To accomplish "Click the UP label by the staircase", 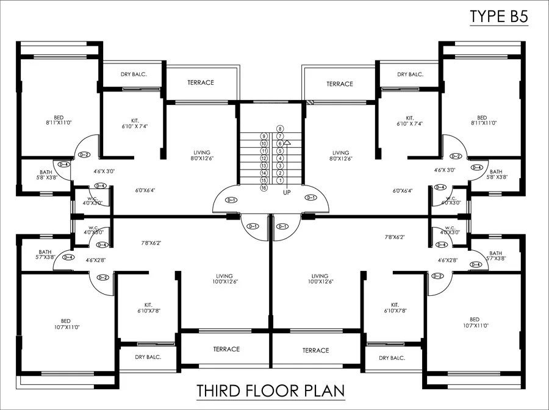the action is (x=287, y=192).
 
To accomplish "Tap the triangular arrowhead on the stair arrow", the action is (x=287, y=142).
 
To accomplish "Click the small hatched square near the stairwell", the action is (x=310, y=103).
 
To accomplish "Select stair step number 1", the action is (x=280, y=181).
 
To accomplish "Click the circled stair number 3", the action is (x=280, y=165).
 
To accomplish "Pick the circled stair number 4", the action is (x=280, y=158).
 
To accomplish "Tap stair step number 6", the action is (x=280, y=143).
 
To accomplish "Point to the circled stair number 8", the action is (x=280, y=129).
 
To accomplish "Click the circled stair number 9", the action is (x=264, y=136).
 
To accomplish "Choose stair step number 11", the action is (x=264, y=151).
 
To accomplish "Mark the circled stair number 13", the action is (x=264, y=165).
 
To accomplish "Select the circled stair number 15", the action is (x=264, y=181).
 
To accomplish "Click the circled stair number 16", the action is (x=264, y=188).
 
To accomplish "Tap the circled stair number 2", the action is (x=280, y=173).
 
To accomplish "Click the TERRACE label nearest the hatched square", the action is (x=340, y=84).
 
